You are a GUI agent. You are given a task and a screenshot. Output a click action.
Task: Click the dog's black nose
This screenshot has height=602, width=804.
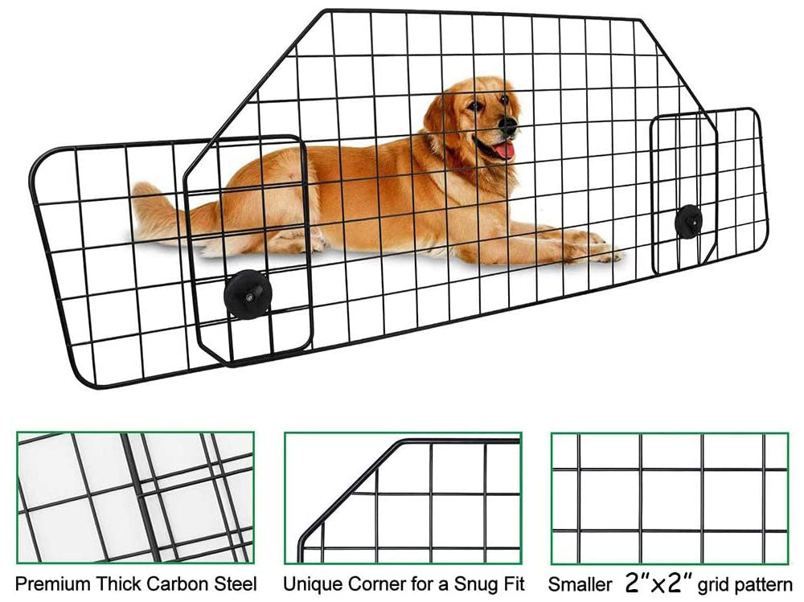coord(508,125)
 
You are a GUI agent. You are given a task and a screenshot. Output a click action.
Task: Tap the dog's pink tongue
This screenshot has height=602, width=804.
coord(503,149)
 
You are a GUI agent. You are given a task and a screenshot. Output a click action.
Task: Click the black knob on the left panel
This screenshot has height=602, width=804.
coord(247,293)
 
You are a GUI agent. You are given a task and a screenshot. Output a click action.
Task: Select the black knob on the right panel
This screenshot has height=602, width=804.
coord(688,221)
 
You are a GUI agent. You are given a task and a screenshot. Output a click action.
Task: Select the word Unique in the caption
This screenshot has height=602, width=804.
coord(314,584)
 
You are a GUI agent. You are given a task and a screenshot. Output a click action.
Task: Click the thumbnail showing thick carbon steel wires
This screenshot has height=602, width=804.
coord(135,498)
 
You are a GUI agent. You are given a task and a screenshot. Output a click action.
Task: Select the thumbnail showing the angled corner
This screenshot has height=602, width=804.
coord(403,498)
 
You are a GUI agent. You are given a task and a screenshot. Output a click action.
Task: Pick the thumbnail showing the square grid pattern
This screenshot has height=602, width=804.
coord(669,498)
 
